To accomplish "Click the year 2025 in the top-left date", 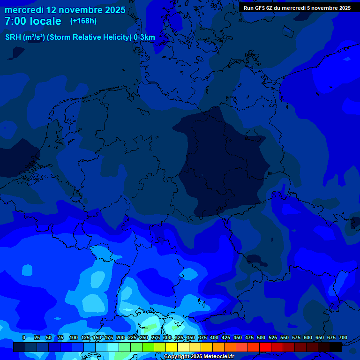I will tap(112, 10).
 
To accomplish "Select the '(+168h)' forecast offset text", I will tap(83, 21).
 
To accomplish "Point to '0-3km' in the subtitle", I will tap(144, 37).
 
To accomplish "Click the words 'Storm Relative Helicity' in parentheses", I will tap(89, 37).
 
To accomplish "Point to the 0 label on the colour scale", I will tap(24, 337).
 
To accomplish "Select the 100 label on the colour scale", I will tap(74, 337).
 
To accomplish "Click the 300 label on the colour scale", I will tap(167, 337).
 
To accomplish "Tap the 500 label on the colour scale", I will tap(261, 337).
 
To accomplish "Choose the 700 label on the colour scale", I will tap(343, 337).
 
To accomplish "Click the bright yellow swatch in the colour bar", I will tap(172, 347).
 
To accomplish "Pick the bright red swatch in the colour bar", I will tap(265, 347).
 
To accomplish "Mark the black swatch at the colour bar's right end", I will tap(336, 347).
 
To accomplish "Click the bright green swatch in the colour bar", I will tap(148, 347).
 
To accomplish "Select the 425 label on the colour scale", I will tap(226, 337).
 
